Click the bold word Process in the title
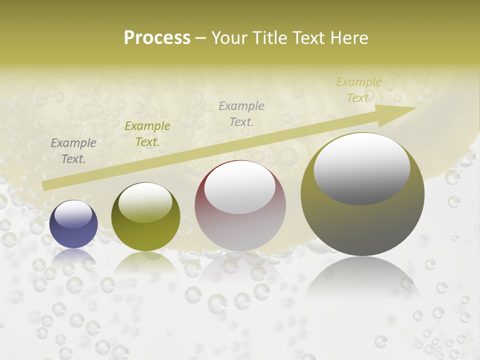tap(157, 38)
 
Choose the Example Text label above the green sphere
tap(147, 134)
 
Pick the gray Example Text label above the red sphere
tap(241, 113)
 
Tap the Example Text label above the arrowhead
tap(358, 90)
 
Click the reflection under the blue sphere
tap(73, 256)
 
